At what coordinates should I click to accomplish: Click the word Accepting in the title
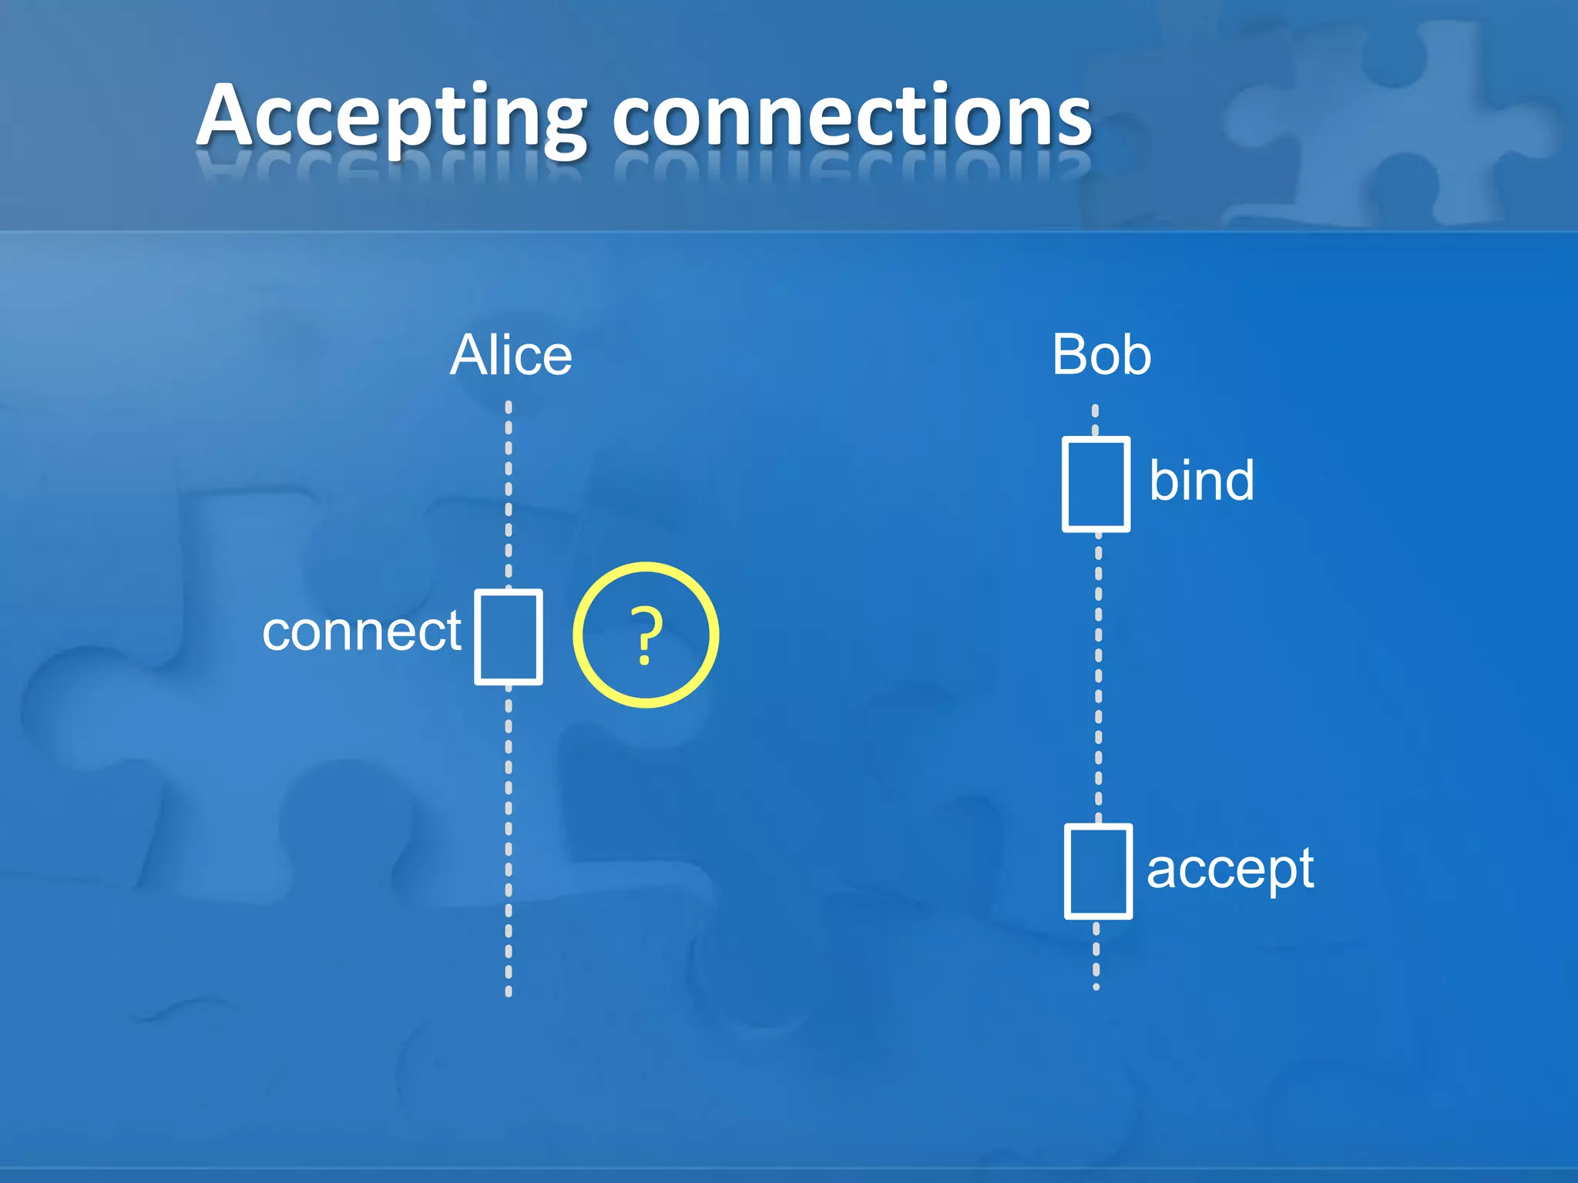tap(391, 117)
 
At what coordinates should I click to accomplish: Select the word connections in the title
tap(851, 117)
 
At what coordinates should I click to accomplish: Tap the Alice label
tap(511, 356)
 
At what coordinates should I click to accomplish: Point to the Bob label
tap(1101, 356)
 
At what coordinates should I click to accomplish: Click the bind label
tap(1201, 481)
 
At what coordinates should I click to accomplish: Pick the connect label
tap(361, 632)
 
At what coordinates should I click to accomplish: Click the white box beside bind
tap(1096, 484)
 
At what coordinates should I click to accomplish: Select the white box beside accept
tap(1098, 871)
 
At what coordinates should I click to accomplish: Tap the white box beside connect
tap(509, 637)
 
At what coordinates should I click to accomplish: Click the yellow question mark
tap(646, 635)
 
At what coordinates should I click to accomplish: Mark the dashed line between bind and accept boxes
tap(1098, 678)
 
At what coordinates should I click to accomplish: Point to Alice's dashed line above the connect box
tap(509, 493)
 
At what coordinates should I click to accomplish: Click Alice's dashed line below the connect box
tap(509, 839)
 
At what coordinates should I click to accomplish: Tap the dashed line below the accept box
tap(1096, 955)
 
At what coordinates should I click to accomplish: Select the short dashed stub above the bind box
tap(1095, 420)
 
